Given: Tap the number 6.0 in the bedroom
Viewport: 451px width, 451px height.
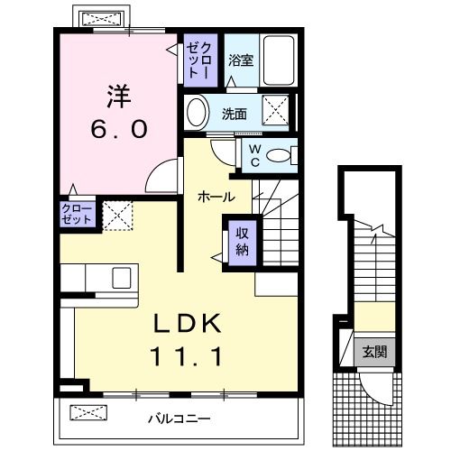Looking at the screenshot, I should [117, 128].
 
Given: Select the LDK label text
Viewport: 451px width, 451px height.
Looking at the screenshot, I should [189, 322].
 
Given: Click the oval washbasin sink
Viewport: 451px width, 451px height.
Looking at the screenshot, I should [196, 113].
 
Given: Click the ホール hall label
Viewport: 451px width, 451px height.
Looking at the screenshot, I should [217, 196].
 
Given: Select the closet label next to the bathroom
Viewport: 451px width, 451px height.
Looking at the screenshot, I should [197, 60].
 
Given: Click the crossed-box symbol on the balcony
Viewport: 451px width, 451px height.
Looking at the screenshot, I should [88, 414].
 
